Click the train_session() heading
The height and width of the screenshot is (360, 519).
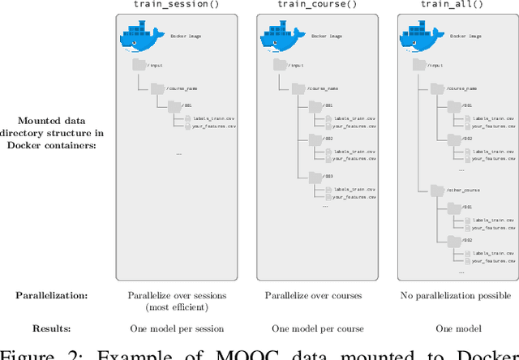click(x=174, y=6)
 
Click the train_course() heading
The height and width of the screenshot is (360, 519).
click(x=316, y=6)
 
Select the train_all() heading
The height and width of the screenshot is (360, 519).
click(x=457, y=6)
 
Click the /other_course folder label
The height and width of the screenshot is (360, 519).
click(x=465, y=190)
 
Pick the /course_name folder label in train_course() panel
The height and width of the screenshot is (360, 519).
click(x=320, y=87)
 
